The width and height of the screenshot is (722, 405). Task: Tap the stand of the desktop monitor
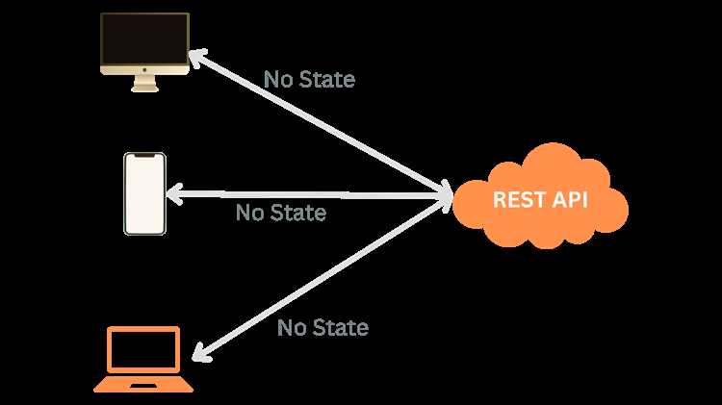[x=144, y=86]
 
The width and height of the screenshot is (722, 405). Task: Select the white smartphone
[x=144, y=193]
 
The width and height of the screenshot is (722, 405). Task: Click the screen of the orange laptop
[x=143, y=350]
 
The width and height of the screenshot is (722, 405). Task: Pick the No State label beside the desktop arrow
[x=309, y=79]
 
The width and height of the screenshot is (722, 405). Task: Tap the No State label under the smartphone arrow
[x=281, y=213]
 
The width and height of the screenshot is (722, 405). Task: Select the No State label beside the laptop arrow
[x=322, y=328]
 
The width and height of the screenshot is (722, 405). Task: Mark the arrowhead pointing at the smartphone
[x=173, y=193]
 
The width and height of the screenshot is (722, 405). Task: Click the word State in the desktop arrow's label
[x=326, y=79]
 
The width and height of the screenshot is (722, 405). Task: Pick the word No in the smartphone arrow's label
[x=249, y=213]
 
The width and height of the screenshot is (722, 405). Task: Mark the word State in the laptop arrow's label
[x=340, y=328]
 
